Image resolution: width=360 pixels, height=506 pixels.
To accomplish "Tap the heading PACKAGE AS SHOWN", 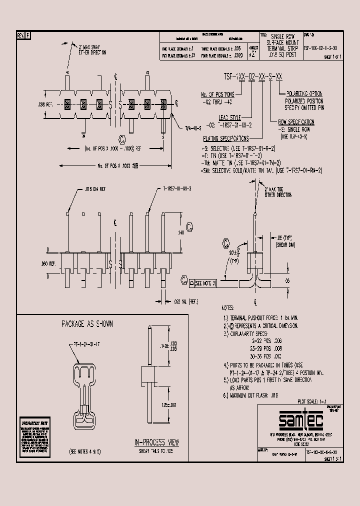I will coord(87,324).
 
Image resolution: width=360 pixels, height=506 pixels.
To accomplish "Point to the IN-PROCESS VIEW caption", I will coord(156,442).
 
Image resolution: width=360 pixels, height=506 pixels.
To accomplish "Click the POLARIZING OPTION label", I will coord(304,93).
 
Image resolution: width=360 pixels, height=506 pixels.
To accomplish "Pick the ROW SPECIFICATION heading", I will coord(296,121).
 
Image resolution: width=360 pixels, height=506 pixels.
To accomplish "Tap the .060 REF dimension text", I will coord(38,262).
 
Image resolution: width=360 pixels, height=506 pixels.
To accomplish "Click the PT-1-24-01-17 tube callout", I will coord(83,345).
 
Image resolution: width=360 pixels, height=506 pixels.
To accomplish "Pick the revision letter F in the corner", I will coord(27,35).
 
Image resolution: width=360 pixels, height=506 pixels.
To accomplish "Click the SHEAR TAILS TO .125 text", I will coord(156,451).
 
